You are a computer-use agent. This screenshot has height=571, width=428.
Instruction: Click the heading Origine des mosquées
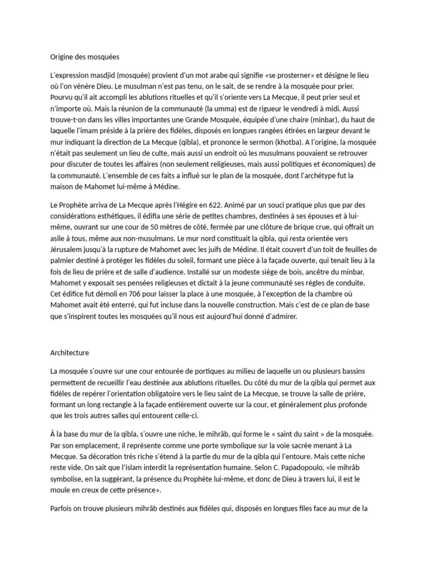pyautogui.click(x=85, y=56)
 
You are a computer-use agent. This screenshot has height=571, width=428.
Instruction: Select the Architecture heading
pyautogui.click(x=69, y=353)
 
